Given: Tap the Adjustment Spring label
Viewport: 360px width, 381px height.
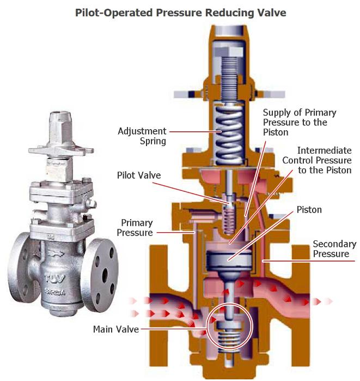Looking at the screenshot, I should pyautogui.click(x=142, y=136).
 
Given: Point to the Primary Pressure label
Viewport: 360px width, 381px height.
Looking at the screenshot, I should pyautogui.click(x=137, y=228).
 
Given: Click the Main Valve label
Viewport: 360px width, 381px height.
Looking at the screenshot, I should pyautogui.click(x=116, y=329).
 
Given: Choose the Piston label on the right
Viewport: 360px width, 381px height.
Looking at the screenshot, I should pyautogui.click(x=309, y=209).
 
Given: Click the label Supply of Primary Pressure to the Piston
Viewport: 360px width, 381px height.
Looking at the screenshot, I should pyautogui.click(x=307, y=122).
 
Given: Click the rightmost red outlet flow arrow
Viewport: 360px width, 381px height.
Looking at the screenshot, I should pyautogui.click(x=330, y=301).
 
